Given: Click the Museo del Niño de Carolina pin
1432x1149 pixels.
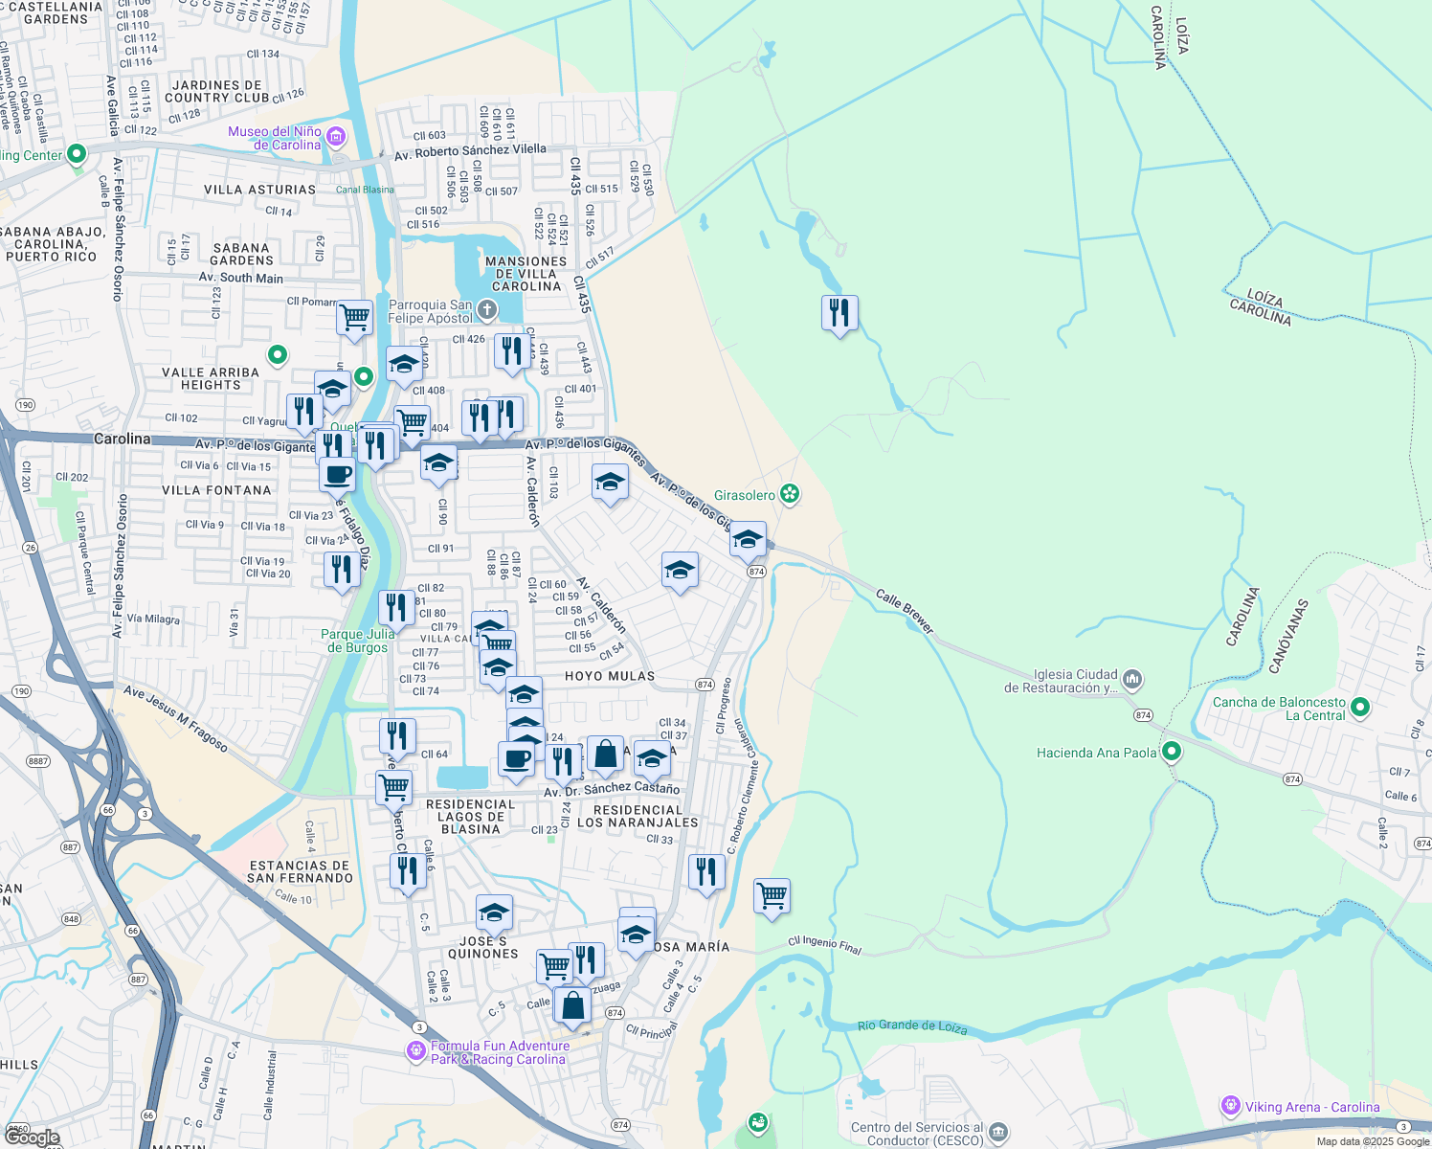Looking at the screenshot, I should (x=336, y=137).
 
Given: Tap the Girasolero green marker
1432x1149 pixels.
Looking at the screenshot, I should (x=790, y=494).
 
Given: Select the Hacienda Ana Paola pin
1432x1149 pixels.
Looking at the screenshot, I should (x=1171, y=752).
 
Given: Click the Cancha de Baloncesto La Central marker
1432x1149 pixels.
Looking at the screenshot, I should (x=1360, y=708).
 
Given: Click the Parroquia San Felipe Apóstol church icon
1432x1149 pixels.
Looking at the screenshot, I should (x=487, y=309).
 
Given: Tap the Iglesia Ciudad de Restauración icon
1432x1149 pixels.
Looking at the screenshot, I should (x=1132, y=680).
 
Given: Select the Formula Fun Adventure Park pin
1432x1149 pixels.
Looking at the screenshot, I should (x=415, y=1051).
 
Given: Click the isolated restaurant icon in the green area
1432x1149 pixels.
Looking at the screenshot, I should (x=839, y=313).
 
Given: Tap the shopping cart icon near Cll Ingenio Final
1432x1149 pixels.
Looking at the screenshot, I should (x=772, y=896).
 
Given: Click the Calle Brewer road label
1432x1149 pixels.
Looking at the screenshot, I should (x=905, y=611).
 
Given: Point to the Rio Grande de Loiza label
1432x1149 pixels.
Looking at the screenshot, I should (x=911, y=1026).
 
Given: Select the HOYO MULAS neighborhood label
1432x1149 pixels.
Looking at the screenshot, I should (x=610, y=676).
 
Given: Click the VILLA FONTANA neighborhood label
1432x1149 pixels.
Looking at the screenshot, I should (x=216, y=490).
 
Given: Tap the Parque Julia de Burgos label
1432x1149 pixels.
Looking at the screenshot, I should (x=356, y=641).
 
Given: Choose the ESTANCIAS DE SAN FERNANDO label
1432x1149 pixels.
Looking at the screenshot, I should (x=300, y=871).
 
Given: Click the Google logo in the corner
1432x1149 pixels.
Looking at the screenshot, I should (x=32, y=1138).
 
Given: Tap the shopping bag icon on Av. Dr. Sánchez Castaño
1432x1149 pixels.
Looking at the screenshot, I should (x=605, y=755).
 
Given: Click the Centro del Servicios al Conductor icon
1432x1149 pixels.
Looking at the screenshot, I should (x=997, y=1133).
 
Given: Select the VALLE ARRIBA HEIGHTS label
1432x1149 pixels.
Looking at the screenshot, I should (x=211, y=378).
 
